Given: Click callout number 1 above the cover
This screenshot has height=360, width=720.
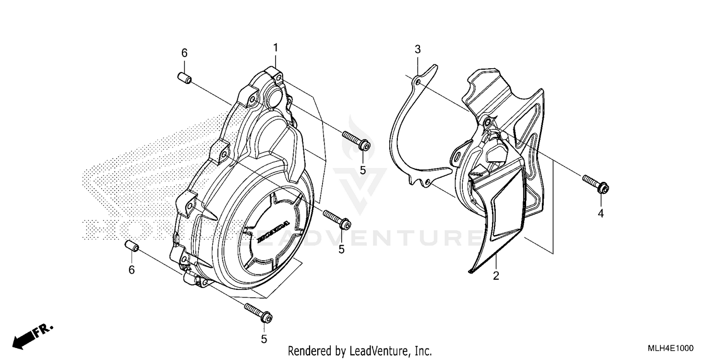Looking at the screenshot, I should (x=276, y=48).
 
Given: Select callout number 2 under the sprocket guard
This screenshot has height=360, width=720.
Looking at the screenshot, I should (x=496, y=276).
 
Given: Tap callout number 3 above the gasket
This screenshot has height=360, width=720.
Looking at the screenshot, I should (x=418, y=49).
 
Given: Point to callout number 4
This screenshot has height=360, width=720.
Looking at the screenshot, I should (x=600, y=213).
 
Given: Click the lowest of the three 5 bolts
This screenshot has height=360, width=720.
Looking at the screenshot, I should (x=259, y=313).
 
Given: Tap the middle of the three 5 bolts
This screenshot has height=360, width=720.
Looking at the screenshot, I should (x=337, y=219).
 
